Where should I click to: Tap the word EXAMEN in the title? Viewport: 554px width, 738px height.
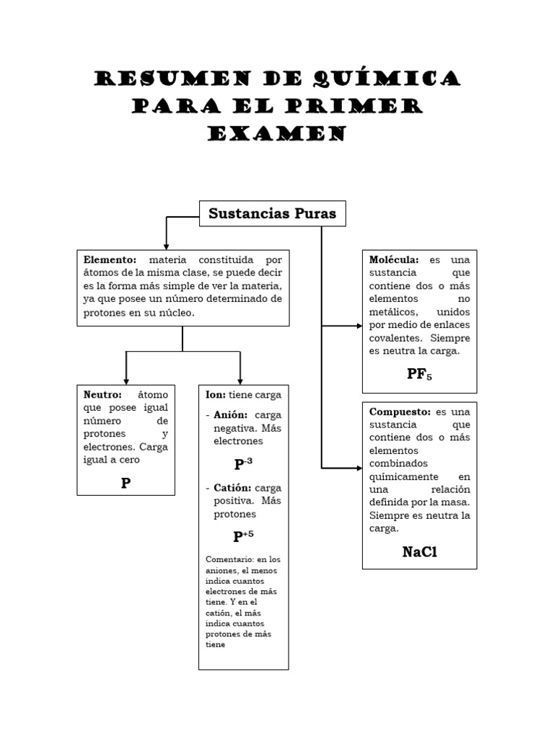coord(277,134)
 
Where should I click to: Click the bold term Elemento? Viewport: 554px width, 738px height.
coord(110,259)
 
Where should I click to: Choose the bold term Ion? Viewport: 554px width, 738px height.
coord(215,395)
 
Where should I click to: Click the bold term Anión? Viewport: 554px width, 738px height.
coord(231,415)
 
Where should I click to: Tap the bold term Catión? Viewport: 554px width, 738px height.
coord(232,488)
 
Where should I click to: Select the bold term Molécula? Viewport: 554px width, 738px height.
coord(394,259)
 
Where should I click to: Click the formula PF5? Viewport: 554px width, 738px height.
coord(419,375)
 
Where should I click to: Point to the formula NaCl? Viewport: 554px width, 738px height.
coord(420,553)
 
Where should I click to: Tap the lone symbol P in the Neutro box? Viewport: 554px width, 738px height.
coord(126,483)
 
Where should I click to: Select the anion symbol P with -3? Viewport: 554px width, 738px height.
coord(243,463)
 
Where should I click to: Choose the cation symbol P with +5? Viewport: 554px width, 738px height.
coord(243,536)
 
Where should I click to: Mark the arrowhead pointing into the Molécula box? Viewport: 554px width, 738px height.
coord(359,326)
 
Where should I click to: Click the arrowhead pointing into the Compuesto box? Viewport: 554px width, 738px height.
coord(359,468)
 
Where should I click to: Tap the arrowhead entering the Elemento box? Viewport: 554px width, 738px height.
coord(167,246)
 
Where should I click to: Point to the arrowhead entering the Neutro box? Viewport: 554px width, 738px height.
coord(126,381)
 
